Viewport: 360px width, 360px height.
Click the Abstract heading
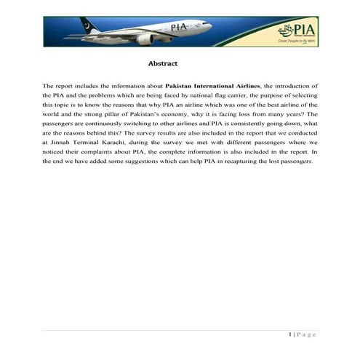point(162,63)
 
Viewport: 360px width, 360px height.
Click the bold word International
point(220,86)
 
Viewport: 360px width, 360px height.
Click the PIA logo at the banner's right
point(298,31)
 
